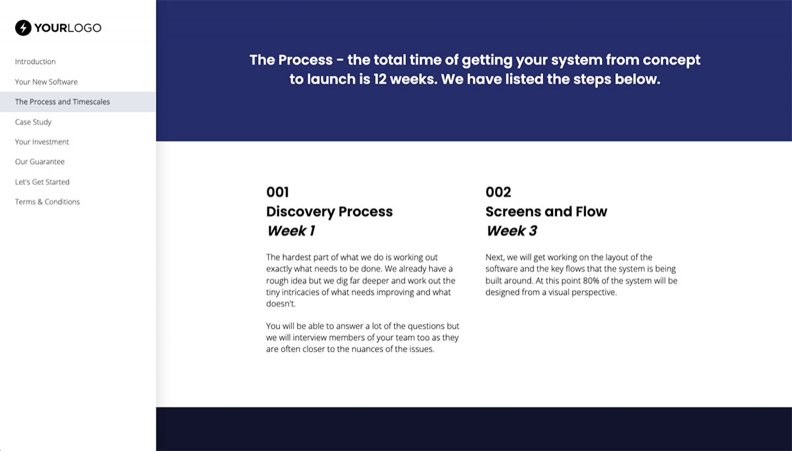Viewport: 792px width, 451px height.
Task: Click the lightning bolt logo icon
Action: pos(23,28)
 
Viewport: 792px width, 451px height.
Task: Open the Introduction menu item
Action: pos(35,61)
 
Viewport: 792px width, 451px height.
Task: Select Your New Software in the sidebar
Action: pos(46,82)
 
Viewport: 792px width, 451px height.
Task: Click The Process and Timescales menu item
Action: pos(63,102)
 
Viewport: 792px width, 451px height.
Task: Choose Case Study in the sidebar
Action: pos(33,122)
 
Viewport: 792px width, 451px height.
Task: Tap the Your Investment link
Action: pos(42,142)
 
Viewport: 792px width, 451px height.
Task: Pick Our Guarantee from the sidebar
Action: pos(40,162)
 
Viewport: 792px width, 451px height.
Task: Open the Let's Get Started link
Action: pos(42,182)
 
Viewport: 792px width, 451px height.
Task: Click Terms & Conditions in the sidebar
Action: pos(48,202)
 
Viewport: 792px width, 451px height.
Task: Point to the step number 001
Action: pos(277,192)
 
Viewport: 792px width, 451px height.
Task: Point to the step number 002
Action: pos(498,192)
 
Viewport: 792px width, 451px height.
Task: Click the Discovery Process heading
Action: pos(329,212)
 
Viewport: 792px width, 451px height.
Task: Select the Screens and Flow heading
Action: pos(546,212)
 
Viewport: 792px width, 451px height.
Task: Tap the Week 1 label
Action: pos(291,231)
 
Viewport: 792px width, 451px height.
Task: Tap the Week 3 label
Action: pos(511,231)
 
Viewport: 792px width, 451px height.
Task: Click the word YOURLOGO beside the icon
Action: pos(69,28)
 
